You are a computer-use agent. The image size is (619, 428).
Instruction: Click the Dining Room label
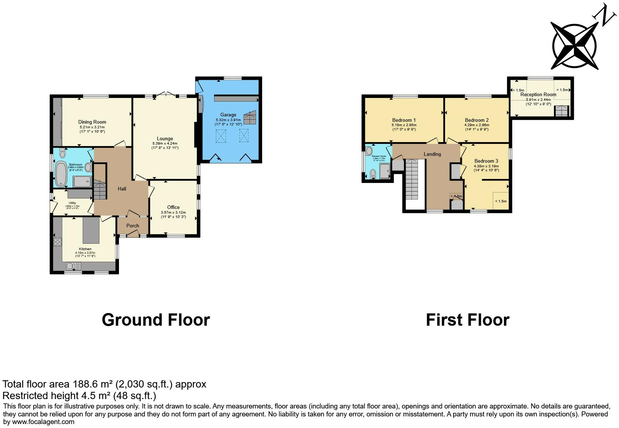tap(92, 122)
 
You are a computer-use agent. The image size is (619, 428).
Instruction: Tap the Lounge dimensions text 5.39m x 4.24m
tap(165, 144)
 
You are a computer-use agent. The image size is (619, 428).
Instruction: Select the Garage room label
tap(228, 115)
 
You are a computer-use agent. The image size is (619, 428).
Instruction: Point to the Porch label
tap(133, 226)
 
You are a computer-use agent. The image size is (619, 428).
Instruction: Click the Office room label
tap(173, 207)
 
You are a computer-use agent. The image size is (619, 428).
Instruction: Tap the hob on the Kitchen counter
tap(57, 242)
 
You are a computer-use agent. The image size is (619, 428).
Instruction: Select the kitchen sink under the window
tap(73, 266)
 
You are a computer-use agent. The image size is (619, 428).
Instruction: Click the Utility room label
tap(72, 203)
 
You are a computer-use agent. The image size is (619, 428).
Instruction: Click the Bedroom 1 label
tap(404, 120)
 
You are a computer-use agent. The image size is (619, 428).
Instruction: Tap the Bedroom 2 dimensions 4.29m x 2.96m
tap(477, 125)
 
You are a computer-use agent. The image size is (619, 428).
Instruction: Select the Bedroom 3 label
tap(486, 161)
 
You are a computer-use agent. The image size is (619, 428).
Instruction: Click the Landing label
tap(432, 154)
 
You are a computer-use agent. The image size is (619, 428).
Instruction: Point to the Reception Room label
tap(538, 94)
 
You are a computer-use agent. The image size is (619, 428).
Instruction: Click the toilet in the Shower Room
tap(373, 174)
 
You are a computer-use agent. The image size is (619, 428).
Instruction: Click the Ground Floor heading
tap(155, 320)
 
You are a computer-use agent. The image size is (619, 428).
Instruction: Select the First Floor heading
tap(468, 320)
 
